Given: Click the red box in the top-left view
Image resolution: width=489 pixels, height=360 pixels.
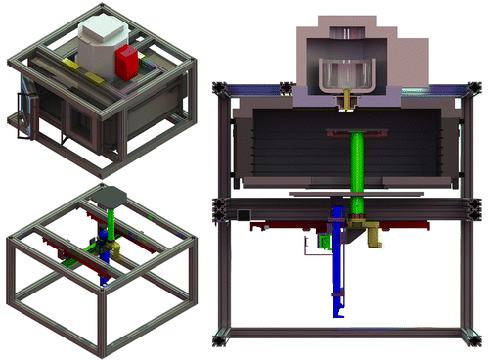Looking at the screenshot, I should coord(126,63).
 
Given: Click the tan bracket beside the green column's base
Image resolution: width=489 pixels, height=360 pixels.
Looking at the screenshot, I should coord(374,232).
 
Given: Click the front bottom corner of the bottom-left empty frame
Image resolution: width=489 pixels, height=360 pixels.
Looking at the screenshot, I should coord(98,344).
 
